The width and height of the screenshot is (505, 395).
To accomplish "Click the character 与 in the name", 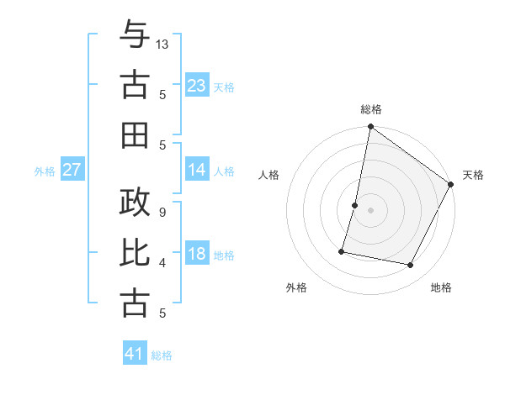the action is click(135, 37).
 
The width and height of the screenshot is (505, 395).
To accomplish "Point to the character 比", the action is click(135, 253).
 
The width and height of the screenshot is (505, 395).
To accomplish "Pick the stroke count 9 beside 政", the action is click(162, 212).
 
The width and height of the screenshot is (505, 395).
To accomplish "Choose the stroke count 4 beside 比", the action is click(162, 263).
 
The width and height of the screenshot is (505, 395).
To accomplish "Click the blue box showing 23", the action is click(197, 86).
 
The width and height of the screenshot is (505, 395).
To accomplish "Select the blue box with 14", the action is click(197, 170).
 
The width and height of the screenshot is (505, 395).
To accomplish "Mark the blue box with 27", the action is click(72, 170).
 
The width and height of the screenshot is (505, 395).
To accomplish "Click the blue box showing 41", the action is click(135, 354).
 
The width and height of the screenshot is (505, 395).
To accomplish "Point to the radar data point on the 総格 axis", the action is click(370, 128).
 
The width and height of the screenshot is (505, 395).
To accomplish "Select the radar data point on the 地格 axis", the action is click(411, 266).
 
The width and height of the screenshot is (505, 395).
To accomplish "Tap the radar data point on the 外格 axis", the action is click(343, 251).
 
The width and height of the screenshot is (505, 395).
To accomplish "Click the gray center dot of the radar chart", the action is click(370, 210).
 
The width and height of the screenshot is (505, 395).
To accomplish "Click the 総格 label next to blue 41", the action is click(162, 355).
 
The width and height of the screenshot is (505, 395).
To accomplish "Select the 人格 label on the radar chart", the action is click(269, 175).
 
